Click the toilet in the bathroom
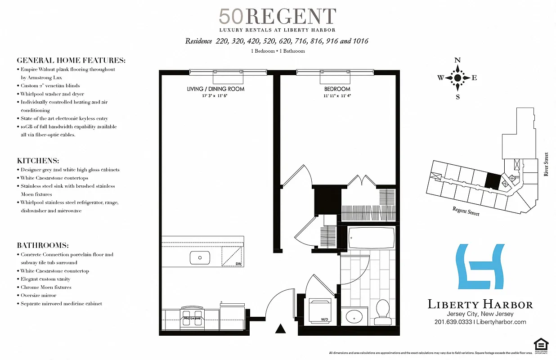(x=383, y=310)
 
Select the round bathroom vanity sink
(x=354, y=317)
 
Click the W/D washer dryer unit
(x=320, y=310)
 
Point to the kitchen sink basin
(x=200, y=258)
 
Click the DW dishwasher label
(x=238, y=264)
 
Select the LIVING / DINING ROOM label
(x=215, y=89)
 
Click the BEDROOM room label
(x=337, y=89)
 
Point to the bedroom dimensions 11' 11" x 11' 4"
(x=337, y=96)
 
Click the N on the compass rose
(x=457, y=60)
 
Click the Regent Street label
(x=466, y=211)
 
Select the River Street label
(x=546, y=164)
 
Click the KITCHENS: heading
(x=38, y=161)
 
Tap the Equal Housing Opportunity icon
(x=541, y=345)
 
